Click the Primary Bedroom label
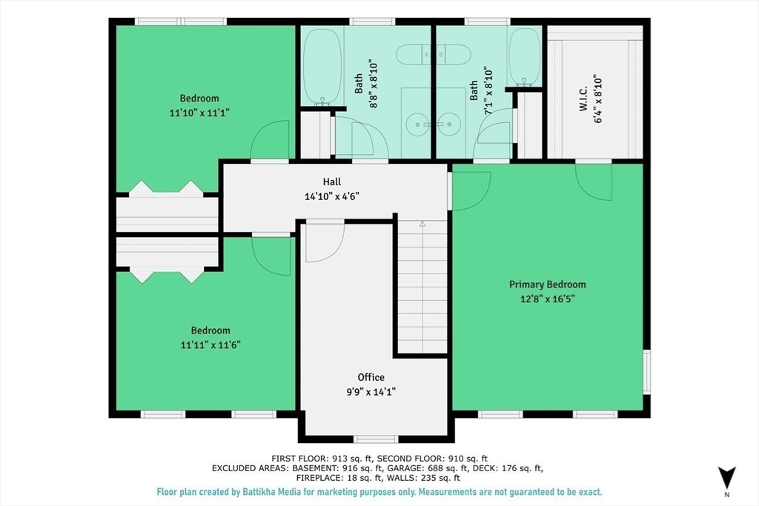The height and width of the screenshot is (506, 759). coord(547,284)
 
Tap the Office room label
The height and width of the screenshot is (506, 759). coord(371,377)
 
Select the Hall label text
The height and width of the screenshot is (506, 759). coord(332,182)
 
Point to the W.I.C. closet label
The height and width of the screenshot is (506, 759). coord(583,99)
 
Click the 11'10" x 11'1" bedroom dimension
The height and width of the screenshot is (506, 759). coord(199,113)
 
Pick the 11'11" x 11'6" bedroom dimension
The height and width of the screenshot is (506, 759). coord(211,345)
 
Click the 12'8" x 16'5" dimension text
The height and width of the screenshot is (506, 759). coord(548,299)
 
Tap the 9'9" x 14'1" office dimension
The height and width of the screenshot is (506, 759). coord(371,392)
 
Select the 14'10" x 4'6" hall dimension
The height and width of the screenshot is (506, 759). coord(332,196)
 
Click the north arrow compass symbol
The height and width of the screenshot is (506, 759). coord(726,478)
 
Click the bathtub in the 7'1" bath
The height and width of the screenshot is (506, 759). coord(525,57)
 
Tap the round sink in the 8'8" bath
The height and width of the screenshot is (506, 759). coord(416,124)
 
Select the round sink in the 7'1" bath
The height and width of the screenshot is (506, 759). coord(449,124)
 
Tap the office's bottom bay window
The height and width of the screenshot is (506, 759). coord(376,439)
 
